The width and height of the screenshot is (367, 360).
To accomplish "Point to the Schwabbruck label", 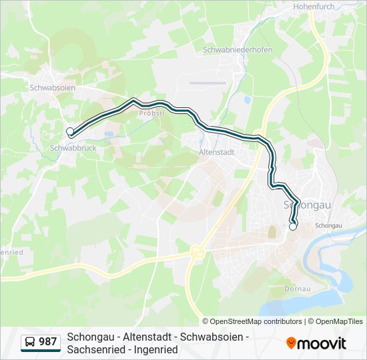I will click(73, 148).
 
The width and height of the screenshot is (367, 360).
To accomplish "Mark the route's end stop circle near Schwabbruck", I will click(70, 131).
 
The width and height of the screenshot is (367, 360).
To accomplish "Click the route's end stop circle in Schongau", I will click(292, 227).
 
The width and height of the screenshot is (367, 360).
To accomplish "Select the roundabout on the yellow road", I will click(197, 252).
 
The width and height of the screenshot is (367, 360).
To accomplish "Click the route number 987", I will click(48, 342).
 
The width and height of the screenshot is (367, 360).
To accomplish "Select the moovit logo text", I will click(322, 343).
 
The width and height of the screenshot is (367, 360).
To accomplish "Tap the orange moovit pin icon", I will click(291, 343).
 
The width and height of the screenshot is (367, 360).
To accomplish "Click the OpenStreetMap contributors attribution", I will click(256, 321).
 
